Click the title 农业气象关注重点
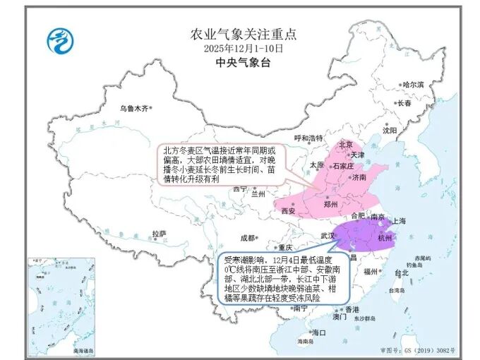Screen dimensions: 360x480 [244, 34]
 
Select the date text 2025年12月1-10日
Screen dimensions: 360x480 [244, 49]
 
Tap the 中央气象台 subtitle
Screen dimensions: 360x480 [244, 64]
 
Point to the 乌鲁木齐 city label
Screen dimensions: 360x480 [134, 109]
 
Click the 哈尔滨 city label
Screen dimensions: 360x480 [413, 85]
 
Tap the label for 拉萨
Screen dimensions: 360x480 [158, 234]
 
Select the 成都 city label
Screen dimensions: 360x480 [248, 238]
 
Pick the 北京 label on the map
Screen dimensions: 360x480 [346, 144]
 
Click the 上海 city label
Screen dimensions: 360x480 [399, 221]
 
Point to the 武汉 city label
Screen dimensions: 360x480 [328, 235]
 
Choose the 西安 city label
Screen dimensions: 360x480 [287, 211]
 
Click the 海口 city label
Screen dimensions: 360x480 [319, 332]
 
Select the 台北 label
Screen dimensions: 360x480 [401, 272]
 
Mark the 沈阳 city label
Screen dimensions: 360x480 [390, 130]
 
